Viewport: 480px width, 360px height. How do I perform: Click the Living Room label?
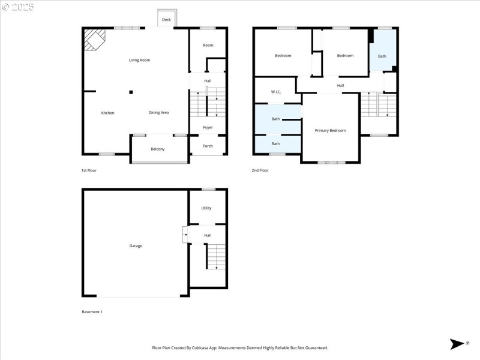point(139,60)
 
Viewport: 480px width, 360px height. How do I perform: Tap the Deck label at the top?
point(166,20)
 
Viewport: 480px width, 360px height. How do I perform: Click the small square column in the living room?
point(131,92)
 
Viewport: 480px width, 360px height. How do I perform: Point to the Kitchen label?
point(107,113)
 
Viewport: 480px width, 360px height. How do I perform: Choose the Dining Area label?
point(158,113)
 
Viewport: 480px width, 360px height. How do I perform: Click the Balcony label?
point(157,149)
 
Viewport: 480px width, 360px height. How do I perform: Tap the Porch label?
point(208,145)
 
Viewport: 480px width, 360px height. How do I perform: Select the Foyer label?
point(208,127)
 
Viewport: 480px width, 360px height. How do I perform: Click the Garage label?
point(136,245)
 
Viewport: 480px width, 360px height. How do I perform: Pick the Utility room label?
point(206,208)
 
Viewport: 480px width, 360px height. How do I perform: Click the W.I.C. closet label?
point(276,92)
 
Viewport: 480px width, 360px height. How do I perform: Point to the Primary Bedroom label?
point(330,130)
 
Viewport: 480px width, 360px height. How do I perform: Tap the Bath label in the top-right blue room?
point(382,56)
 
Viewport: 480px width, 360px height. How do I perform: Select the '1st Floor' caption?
point(89,170)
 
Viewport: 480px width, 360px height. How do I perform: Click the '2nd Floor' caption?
point(260,170)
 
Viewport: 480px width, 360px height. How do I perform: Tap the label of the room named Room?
point(208,45)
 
